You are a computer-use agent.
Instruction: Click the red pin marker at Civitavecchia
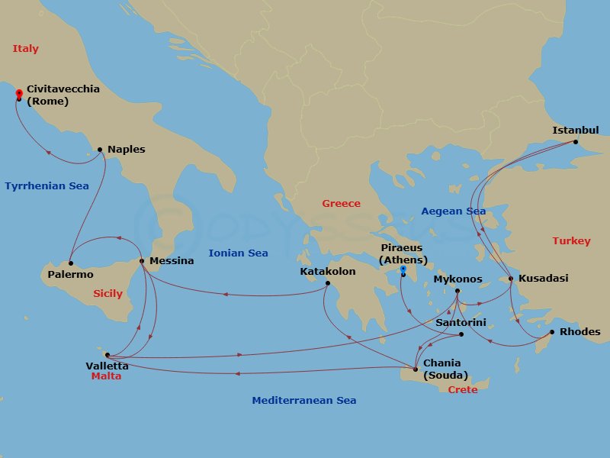tap(18, 94)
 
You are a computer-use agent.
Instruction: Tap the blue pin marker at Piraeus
tap(403, 269)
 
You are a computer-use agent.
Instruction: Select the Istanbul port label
tap(576, 131)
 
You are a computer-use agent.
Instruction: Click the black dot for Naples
tap(100, 150)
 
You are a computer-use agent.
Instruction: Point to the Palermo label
tap(69, 275)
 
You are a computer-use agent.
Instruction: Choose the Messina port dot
tap(142, 261)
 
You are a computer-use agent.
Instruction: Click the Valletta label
tap(107, 366)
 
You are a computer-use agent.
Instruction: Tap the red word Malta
tap(106, 376)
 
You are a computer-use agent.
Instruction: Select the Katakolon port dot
tap(327, 284)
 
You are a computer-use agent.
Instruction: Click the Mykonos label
tap(457, 279)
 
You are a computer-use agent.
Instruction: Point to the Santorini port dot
tap(461, 334)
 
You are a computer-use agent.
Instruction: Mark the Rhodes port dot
tap(551, 332)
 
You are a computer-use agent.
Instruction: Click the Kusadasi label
tap(543, 279)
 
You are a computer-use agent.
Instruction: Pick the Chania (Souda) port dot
tap(416, 369)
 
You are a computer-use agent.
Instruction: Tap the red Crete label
tap(463, 389)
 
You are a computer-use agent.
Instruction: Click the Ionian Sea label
tap(238, 253)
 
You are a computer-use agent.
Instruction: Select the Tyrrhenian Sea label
tap(47, 186)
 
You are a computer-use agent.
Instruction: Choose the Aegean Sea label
tap(453, 211)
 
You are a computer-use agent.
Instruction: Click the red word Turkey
tap(571, 241)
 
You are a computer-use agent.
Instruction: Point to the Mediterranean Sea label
tap(303, 401)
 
